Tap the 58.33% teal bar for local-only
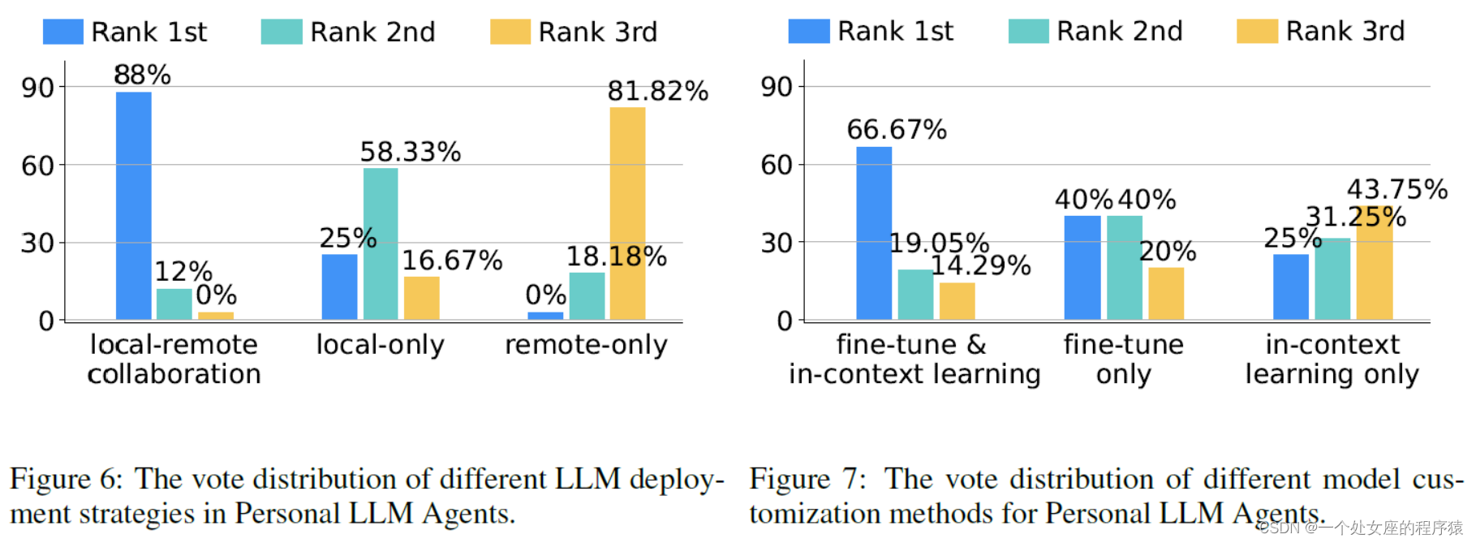tap(381, 243)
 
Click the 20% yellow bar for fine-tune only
tap(1165, 293)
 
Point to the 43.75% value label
tap(1396, 189)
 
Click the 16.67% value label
tap(452, 261)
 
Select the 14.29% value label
tap(980, 265)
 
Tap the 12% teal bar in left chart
tap(174, 304)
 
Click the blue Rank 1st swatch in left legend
tap(62, 32)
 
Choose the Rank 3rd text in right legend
tap(1345, 31)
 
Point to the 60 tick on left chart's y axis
tap(37, 166)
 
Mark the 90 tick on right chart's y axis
tap(777, 86)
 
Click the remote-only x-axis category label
tap(586, 345)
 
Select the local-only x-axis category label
tap(380, 345)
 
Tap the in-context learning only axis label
tap(1332, 359)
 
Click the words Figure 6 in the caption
tap(65, 479)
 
